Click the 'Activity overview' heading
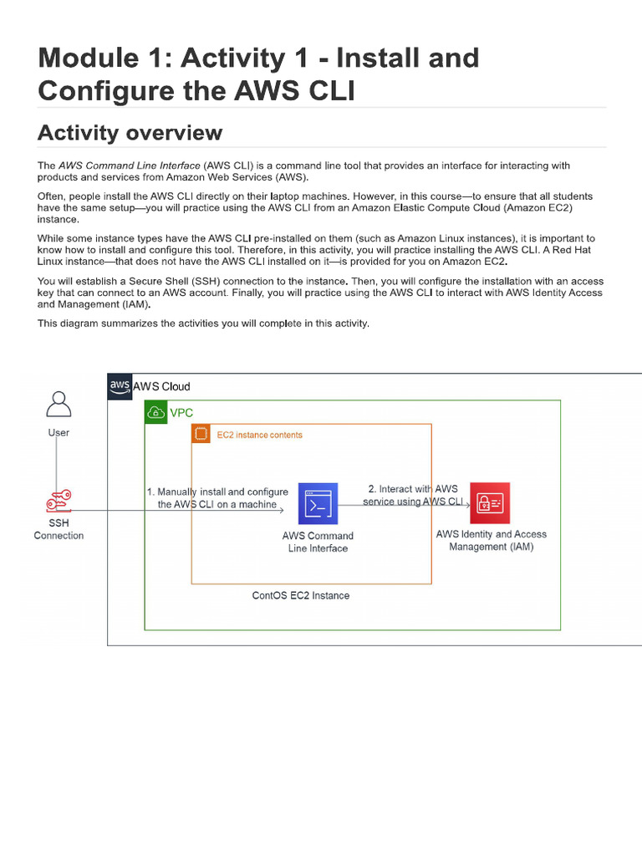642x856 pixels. pyautogui.click(x=130, y=133)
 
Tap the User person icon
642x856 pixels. pyautogui.click(x=59, y=404)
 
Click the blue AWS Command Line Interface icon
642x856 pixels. pyautogui.click(x=318, y=503)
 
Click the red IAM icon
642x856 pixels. pyautogui.click(x=490, y=502)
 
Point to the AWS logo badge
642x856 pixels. pyautogui.click(x=120, y=386)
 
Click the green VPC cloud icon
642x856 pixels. pyautogui.click(x=155, y=412)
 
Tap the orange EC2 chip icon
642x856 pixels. pyautogui.click(x=201, y=434)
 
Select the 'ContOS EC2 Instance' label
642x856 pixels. pyautogui.click(x=301, y=596)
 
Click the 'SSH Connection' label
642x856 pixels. pyautogui.click(x=59, y=529)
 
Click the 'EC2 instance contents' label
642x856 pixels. pyautogui.click(x=259, y=435)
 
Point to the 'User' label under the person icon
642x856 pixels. pyautogui.click(x=59, y=433)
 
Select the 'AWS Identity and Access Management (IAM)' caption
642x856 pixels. pyautogui.click(x=491, y=540)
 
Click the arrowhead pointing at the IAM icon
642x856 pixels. pyautogui.click(x=467, y=504)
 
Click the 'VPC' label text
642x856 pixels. pyautogui.click(x=181, y=413)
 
